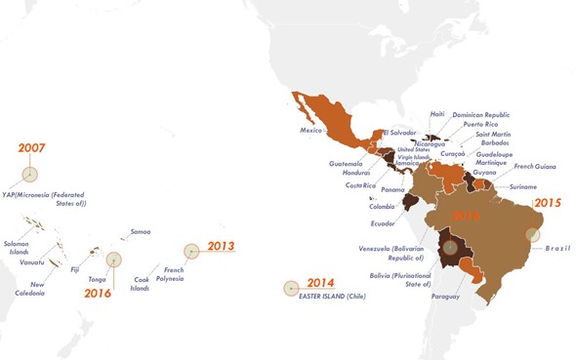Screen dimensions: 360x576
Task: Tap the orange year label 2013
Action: (221, 246)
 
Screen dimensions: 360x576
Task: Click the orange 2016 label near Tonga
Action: (98, 292)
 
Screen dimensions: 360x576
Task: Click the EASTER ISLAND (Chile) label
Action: (332, 296)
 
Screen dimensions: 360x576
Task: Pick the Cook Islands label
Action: (142, 284)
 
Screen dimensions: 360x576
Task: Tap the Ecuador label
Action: (383, 223)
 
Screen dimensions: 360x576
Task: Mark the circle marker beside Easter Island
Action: (291, 288)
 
